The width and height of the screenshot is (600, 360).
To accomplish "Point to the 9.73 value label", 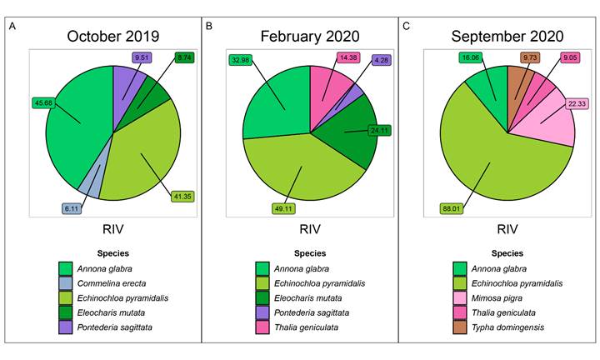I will tap(529, 57).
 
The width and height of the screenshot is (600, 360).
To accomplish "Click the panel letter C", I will tap(406, 27).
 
